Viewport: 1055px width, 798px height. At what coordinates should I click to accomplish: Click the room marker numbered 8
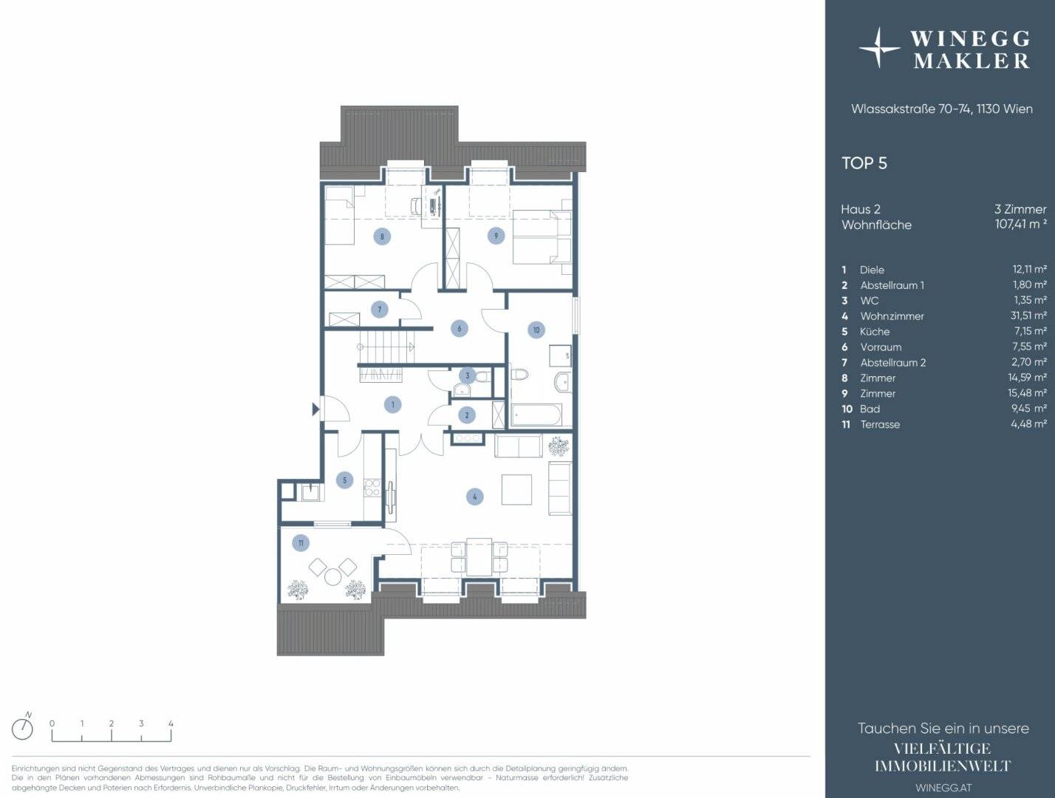point(382,236)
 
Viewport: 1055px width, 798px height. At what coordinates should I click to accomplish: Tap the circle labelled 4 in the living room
point(475,497)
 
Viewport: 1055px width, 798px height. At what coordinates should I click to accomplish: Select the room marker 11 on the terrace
point(301,543)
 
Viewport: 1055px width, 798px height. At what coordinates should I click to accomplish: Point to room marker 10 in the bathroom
point(536,330)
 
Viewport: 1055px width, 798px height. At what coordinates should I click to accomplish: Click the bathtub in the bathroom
point(536,415)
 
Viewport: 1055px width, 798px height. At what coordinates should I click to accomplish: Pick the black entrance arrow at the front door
point(315,409)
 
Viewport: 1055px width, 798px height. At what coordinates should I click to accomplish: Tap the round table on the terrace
point(332,576)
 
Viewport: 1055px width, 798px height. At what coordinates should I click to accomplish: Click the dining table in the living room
point(479,556)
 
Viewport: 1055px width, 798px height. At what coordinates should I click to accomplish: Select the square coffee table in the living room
point(516,489)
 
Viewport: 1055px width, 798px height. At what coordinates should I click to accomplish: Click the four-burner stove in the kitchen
point(372,487)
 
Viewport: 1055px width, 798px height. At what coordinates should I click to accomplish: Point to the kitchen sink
point(310,493)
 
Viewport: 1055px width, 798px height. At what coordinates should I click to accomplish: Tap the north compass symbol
point(23,729)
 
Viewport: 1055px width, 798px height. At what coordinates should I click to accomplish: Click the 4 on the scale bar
point(171,723)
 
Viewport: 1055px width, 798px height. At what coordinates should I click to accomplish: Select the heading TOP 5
point(864,163)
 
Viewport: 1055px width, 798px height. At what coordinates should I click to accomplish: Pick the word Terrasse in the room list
point(880,424)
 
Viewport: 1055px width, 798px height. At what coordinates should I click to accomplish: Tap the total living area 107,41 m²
point(1021,224)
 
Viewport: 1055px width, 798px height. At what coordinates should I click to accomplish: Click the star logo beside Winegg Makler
point(879,48)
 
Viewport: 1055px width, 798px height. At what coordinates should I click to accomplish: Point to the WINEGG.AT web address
point(943,788)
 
